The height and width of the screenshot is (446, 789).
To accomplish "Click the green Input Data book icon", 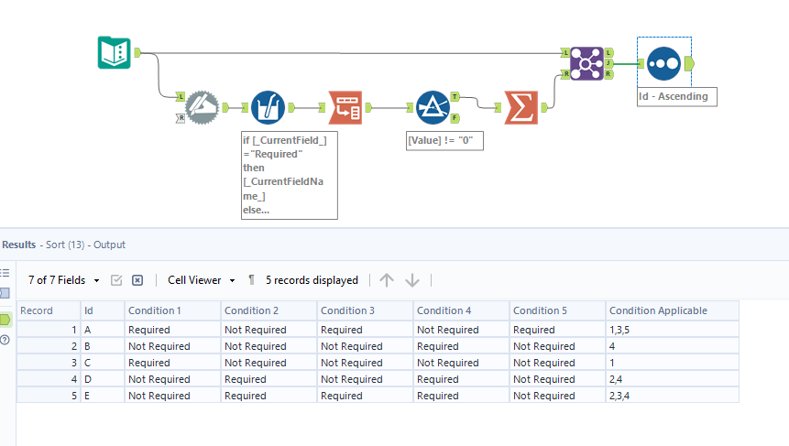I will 115,52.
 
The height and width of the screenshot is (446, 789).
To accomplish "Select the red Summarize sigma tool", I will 521,108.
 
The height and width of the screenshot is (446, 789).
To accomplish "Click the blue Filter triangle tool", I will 432,107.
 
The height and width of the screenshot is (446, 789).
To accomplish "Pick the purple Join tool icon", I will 586,62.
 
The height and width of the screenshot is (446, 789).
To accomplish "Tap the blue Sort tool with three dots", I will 663,63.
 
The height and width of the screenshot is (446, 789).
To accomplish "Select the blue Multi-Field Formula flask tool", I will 268,107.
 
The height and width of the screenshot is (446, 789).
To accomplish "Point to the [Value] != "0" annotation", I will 444,141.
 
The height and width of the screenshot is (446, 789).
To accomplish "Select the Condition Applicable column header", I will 658,310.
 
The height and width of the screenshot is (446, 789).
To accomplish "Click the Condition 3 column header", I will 347,310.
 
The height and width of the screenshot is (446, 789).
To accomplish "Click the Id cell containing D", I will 88,379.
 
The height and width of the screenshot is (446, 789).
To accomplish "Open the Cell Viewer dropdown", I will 202,280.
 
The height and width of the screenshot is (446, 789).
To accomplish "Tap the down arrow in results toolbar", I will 412,280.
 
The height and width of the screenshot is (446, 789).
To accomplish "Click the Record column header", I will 37,310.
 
